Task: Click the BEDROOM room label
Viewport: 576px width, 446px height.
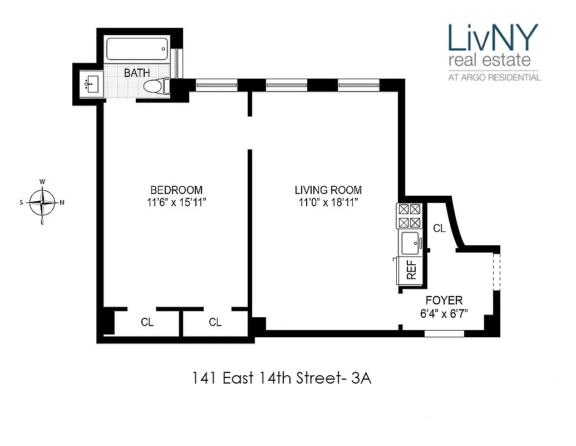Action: pos(176,190)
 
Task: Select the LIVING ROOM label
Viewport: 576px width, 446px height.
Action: pos(328,190)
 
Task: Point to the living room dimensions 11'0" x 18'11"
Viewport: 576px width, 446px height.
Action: pos(328,202)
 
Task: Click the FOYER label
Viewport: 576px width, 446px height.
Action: pos(444,300)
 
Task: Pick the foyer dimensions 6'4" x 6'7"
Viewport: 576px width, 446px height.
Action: pos(444,313)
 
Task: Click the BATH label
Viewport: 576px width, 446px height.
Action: pos(137,73)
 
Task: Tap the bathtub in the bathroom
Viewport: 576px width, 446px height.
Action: pos(137,50)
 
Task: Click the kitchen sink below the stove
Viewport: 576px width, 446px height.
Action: pos(410,243)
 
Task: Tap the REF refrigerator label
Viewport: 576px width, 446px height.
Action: pos(412,270)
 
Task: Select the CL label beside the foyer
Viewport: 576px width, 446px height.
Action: pos(439,228)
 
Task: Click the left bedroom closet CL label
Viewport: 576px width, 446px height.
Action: pos(147,322)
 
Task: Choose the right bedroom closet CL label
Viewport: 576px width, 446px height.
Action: pos(215,322)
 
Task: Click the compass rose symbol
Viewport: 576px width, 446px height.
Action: pos(42,202)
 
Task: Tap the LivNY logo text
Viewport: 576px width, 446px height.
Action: pos(494,38)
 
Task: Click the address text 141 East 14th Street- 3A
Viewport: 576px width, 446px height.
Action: pos(281,379)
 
